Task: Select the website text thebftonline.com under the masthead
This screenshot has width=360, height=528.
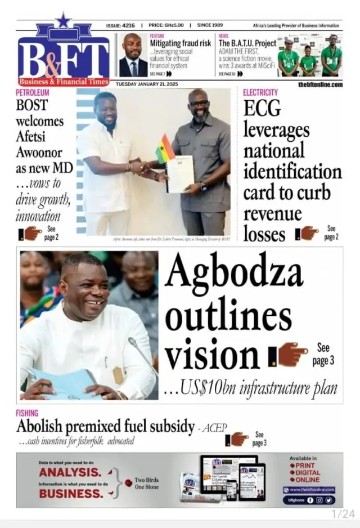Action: [x=320, y=84]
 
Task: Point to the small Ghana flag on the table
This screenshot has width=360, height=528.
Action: [x=164, y=149]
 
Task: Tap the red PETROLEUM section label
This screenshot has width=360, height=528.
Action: [x=32, y=92]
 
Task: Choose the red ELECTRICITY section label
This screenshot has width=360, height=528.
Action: [x=260, y=92]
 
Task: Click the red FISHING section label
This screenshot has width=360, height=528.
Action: [x=27, y=413]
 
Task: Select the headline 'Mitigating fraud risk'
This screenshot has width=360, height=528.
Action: [x=180, y=43]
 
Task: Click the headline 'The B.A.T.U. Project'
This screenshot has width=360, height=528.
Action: [x=247, y=43]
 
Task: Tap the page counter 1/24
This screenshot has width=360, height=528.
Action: [x=343, y=513]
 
